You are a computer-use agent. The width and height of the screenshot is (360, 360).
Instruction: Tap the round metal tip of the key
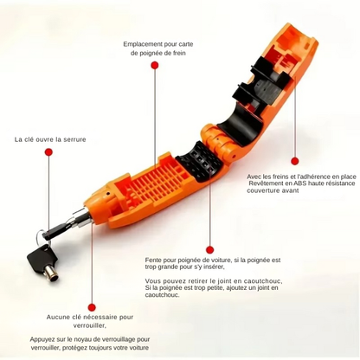click(54, 277)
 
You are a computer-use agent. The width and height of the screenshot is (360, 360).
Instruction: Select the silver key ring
click(41, 236)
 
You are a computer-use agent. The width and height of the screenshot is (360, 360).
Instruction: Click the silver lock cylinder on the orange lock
click(82, 218)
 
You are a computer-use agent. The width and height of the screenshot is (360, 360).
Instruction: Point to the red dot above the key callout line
click(48, 152)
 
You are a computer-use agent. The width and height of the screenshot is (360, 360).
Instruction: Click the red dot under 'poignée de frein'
click(155, 66)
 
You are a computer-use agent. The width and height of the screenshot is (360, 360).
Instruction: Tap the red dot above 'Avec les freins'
click(294, 161)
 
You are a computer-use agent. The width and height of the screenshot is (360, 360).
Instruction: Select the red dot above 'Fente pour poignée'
click(210, 249)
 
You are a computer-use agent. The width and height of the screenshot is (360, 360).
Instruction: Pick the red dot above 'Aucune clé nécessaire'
click(92, 307)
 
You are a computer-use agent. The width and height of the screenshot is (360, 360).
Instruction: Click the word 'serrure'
click(75, 139)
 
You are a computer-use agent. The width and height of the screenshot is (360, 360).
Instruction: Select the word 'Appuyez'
click(42, 339)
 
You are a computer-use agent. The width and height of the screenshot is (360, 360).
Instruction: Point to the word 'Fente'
click(152, 260)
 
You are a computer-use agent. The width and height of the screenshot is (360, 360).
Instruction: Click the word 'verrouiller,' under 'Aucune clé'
click(89, 325)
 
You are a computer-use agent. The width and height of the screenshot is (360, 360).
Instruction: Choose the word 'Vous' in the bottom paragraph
click(151, 281)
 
